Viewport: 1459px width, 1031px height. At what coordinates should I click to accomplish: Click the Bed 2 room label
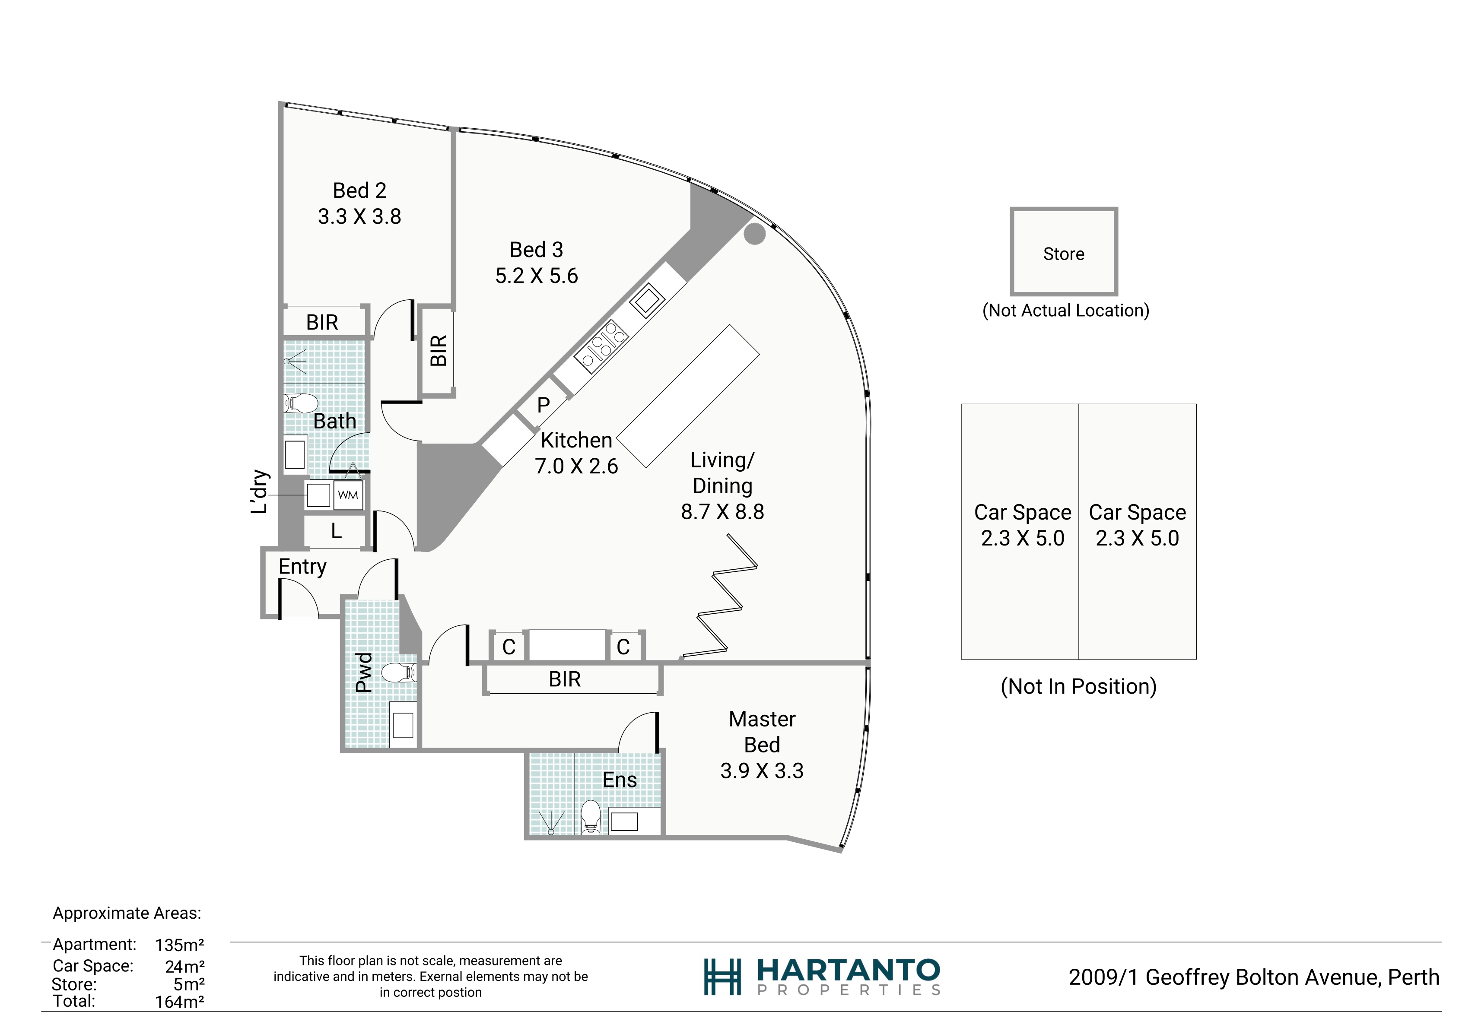pyautogui.click(x=359, y=190)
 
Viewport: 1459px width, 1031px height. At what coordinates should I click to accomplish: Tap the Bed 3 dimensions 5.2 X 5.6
pyautogui.click(x=537, y=276)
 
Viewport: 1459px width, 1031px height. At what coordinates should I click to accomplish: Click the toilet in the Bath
pyautogui.click(x=301, y=403)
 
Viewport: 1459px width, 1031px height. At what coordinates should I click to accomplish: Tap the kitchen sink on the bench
pyautogui.click(x=647, y=300)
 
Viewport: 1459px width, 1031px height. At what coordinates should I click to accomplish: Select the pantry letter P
pyautogui.click(x=544, y=405)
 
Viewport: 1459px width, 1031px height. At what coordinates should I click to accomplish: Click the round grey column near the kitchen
pyautogui.click(x=754, y=233)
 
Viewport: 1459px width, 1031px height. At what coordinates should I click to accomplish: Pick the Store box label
pyautogui.click(x=1064, y=254)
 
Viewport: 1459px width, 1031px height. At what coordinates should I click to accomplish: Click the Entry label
pyautogui.click(x=302, y=567)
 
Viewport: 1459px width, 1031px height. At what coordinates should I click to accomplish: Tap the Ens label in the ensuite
pyautogui.click(x=620, y=780)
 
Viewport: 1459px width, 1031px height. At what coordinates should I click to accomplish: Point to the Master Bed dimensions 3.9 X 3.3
pyautogui.click(x=762, y=771)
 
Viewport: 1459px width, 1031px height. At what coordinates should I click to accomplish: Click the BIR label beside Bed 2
pyautogui.click(x=322, y=323)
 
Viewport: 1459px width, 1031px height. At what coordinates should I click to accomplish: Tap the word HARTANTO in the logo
pyautogui.click(x=849, y=970)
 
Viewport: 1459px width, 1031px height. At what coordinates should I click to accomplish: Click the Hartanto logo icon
pyautogui.click(x=722, y=977)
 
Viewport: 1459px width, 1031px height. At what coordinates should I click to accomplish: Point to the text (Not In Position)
pyautogui.click(x=1078, y=687)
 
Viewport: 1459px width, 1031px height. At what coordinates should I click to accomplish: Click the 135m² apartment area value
pyautogui.click(x=180, y=945)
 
